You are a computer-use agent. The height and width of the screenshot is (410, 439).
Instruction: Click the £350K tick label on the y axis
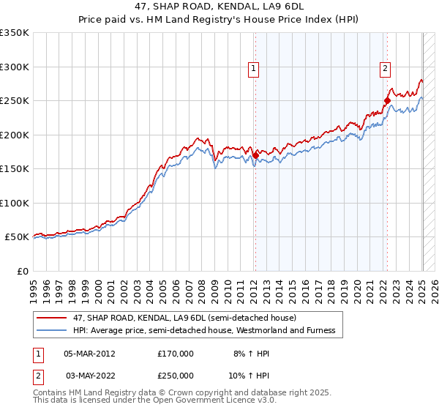coord(15,33)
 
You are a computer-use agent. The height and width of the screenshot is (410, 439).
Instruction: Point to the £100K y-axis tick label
coord(15,203)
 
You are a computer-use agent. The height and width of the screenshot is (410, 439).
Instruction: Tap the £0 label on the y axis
coord(22,271)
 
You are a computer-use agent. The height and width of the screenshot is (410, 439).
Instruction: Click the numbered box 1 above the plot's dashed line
coord(253,69)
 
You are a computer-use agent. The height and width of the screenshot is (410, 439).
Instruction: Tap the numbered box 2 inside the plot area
coord(385,69)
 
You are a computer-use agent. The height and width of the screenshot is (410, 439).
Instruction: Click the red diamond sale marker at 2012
coord(255,154)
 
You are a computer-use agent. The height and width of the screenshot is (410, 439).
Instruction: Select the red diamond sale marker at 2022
coord(387,100)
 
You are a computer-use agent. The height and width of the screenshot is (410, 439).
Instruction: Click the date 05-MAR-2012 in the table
coord(89,354)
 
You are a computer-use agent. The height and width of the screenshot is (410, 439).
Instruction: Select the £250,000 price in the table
coord(176,376)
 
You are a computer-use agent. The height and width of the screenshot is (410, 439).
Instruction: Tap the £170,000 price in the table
coord(176,354)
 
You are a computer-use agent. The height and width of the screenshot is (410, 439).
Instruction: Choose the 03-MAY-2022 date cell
coord(89,376)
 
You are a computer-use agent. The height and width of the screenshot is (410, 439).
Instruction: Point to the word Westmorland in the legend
coord(275,330)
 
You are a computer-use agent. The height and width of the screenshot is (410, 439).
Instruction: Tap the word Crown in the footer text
coord(176,393)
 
